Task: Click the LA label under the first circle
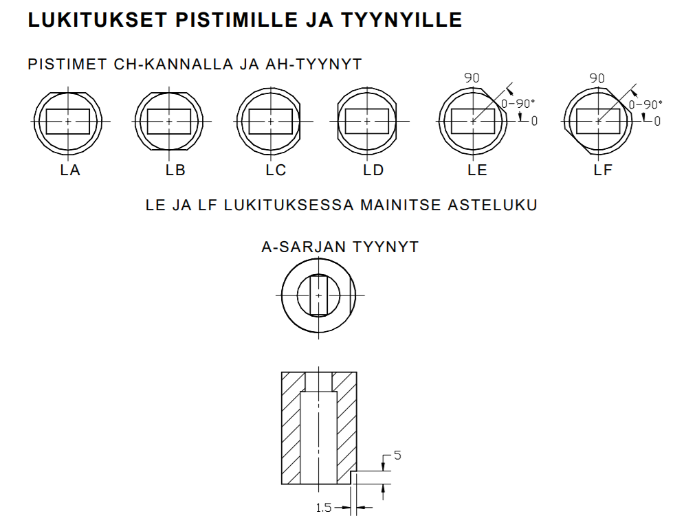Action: click(x=70, y=170)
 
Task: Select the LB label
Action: click(x=175, y=170)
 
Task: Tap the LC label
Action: click(x=276, y=170)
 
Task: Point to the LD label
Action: click(x=373, y=170)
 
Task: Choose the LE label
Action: click(x=477, y=170)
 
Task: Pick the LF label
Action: click(x=603, y=170)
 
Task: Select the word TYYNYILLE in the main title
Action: click(x=401, y=20)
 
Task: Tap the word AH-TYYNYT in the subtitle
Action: click(x=313, y=65)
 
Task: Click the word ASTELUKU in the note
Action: click(x=492, y=205)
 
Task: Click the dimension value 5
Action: click(x=397, y=456)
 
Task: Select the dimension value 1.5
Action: click(x=324, y=508)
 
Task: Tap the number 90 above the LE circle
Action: click(x=472, y=78)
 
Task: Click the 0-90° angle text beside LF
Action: click(x=646, y=104)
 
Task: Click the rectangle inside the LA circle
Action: click(x=68, y=122)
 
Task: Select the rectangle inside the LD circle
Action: click(x=367, y=122)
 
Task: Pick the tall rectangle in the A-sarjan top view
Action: click(x=318, y=295)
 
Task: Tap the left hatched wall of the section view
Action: click(x=291, y=428)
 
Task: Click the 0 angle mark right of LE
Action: click(x=534, y=121)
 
